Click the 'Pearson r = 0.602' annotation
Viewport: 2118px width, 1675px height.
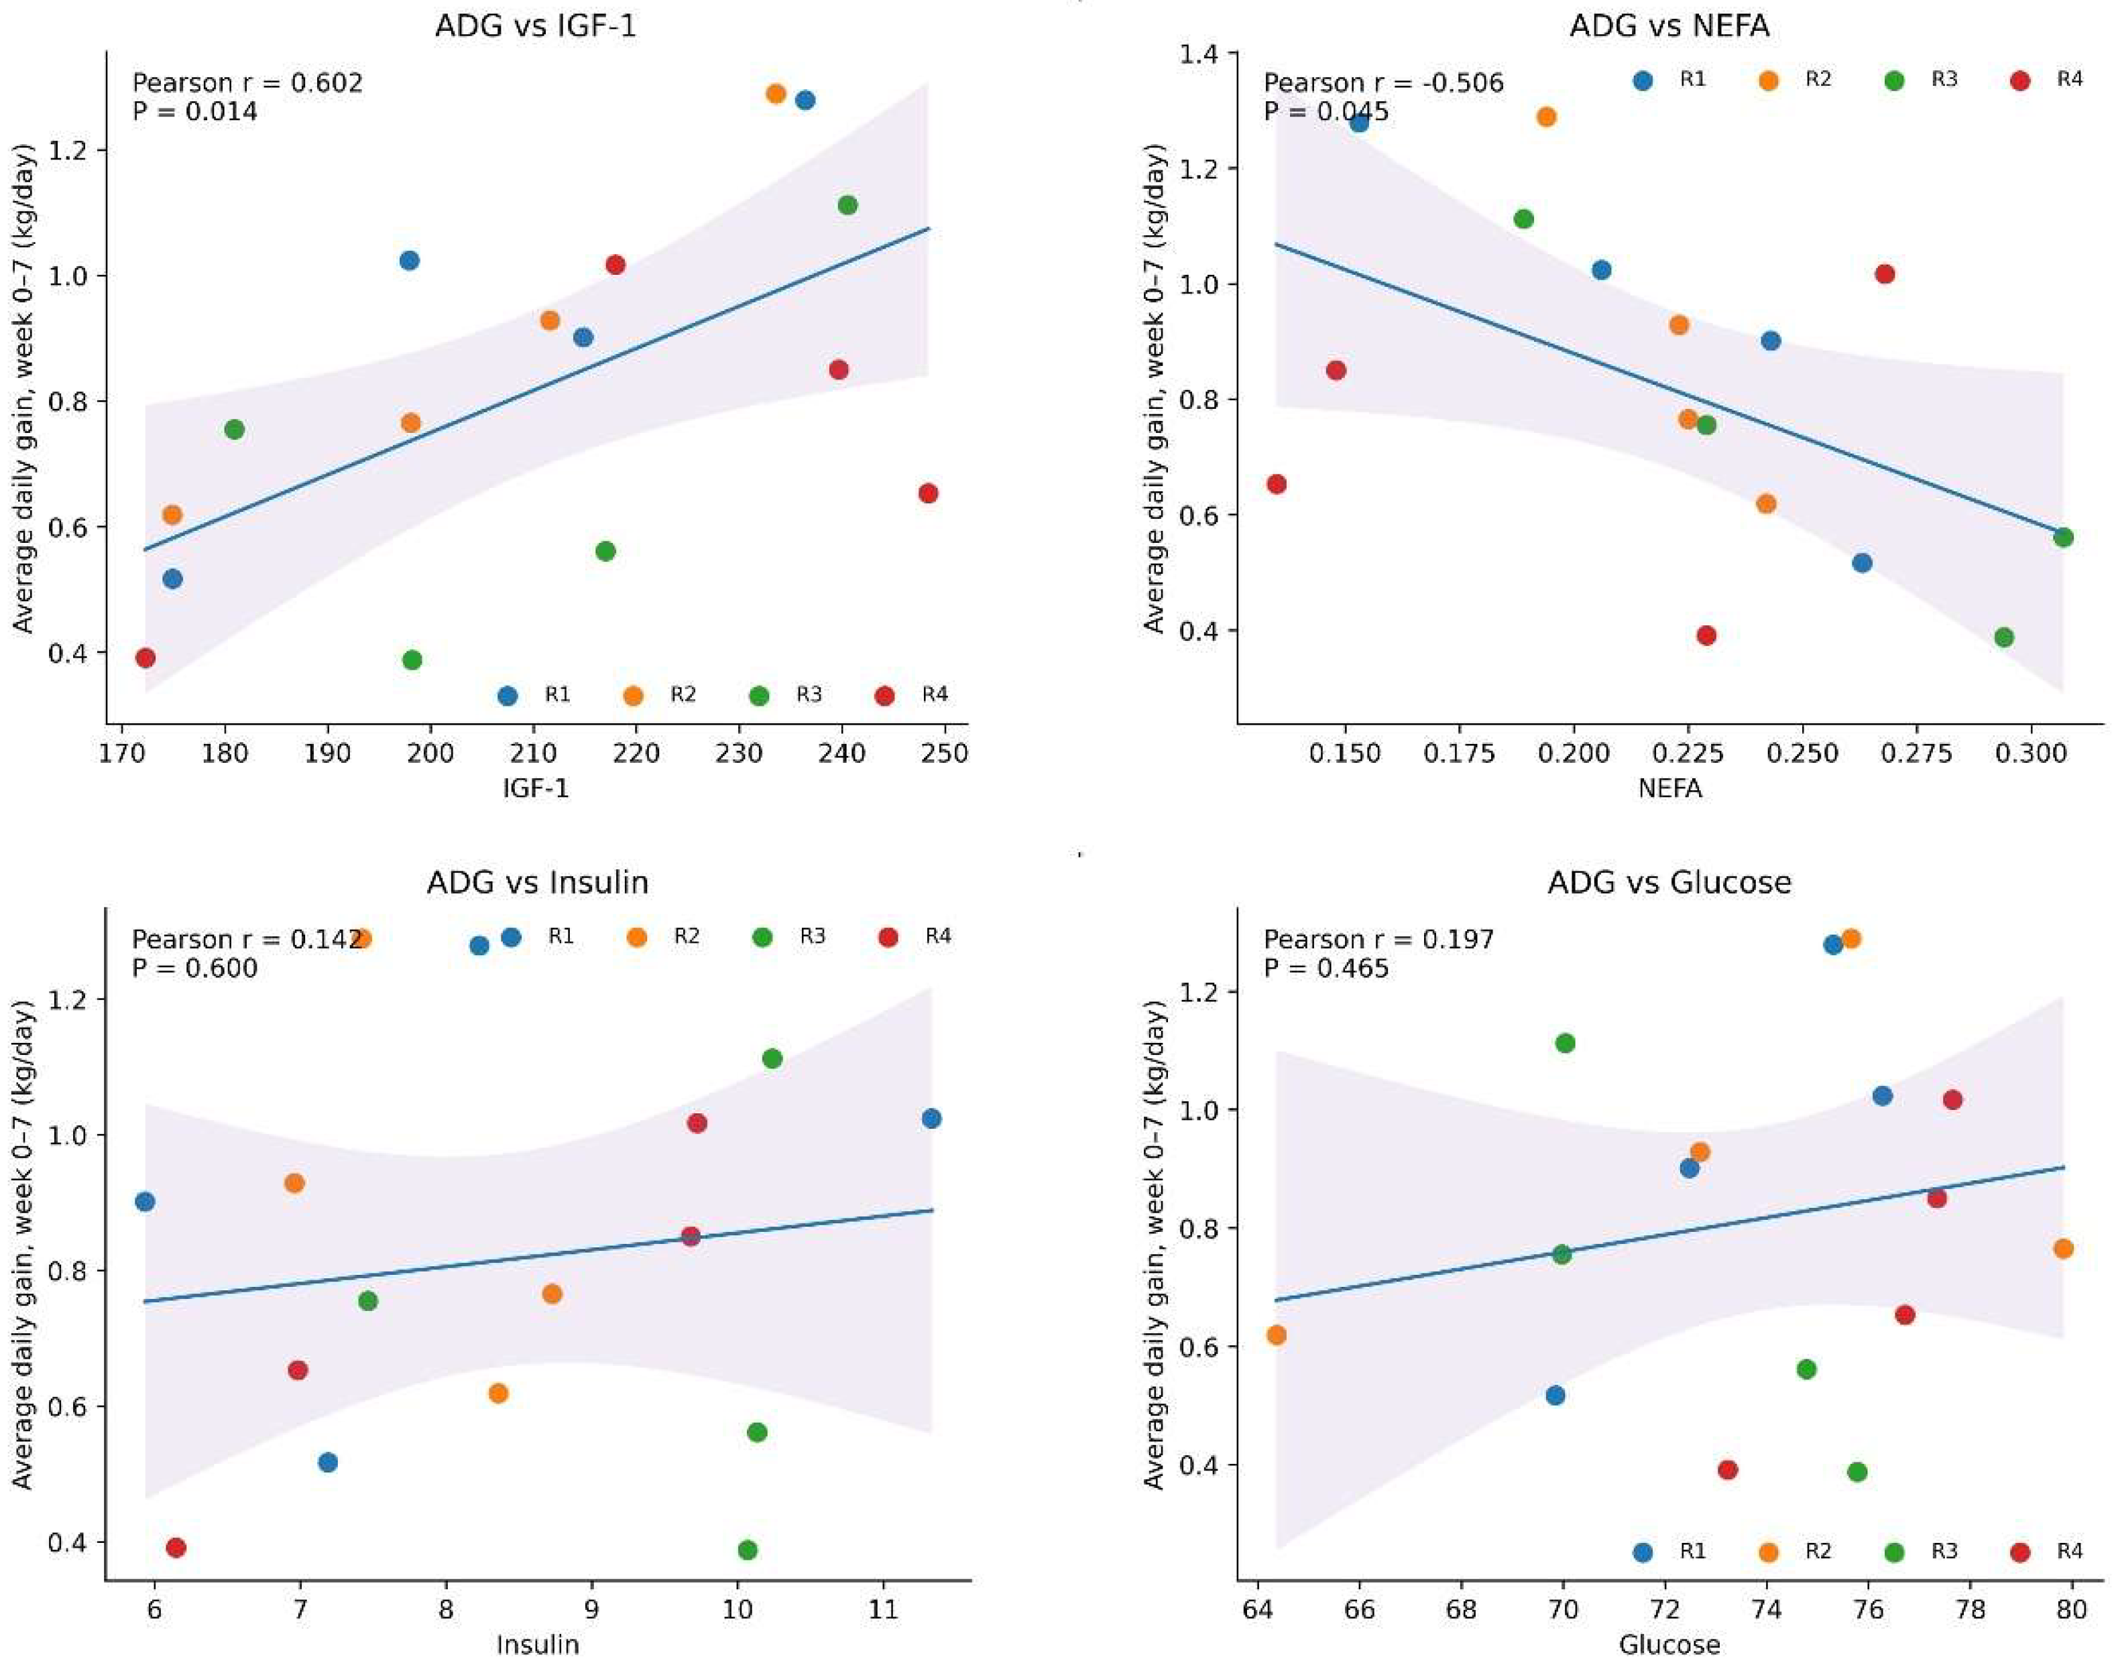247,82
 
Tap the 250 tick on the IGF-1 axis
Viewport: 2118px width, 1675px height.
946,753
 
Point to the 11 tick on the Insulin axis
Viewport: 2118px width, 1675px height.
884,1610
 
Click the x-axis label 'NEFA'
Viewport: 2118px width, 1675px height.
1669,788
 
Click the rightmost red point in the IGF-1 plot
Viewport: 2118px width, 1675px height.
928,493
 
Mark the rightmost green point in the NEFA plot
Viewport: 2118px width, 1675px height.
2063,538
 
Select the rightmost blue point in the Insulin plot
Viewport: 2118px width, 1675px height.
931,1119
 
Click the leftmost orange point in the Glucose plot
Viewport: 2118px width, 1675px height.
1277,1336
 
